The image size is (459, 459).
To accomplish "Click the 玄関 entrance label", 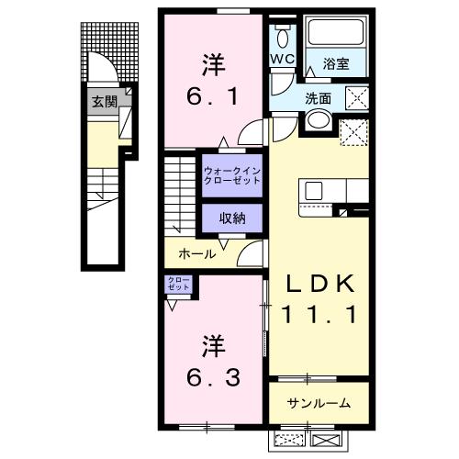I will pyautogui.click(x=104, y=102).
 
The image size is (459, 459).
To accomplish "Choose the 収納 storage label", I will pyautogui.click(x=232, y=218).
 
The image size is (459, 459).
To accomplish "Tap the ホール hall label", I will pyautogui.click(x=196, y=253).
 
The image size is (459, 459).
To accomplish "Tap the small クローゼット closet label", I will pyautogui.click(x=178, y=285).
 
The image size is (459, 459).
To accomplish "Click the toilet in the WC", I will pyautogui.click(x=281, y=39).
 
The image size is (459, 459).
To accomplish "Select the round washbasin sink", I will pyautogui.click(x=319, y=120).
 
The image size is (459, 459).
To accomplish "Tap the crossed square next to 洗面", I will pyautogui.click(x=356, y=97).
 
